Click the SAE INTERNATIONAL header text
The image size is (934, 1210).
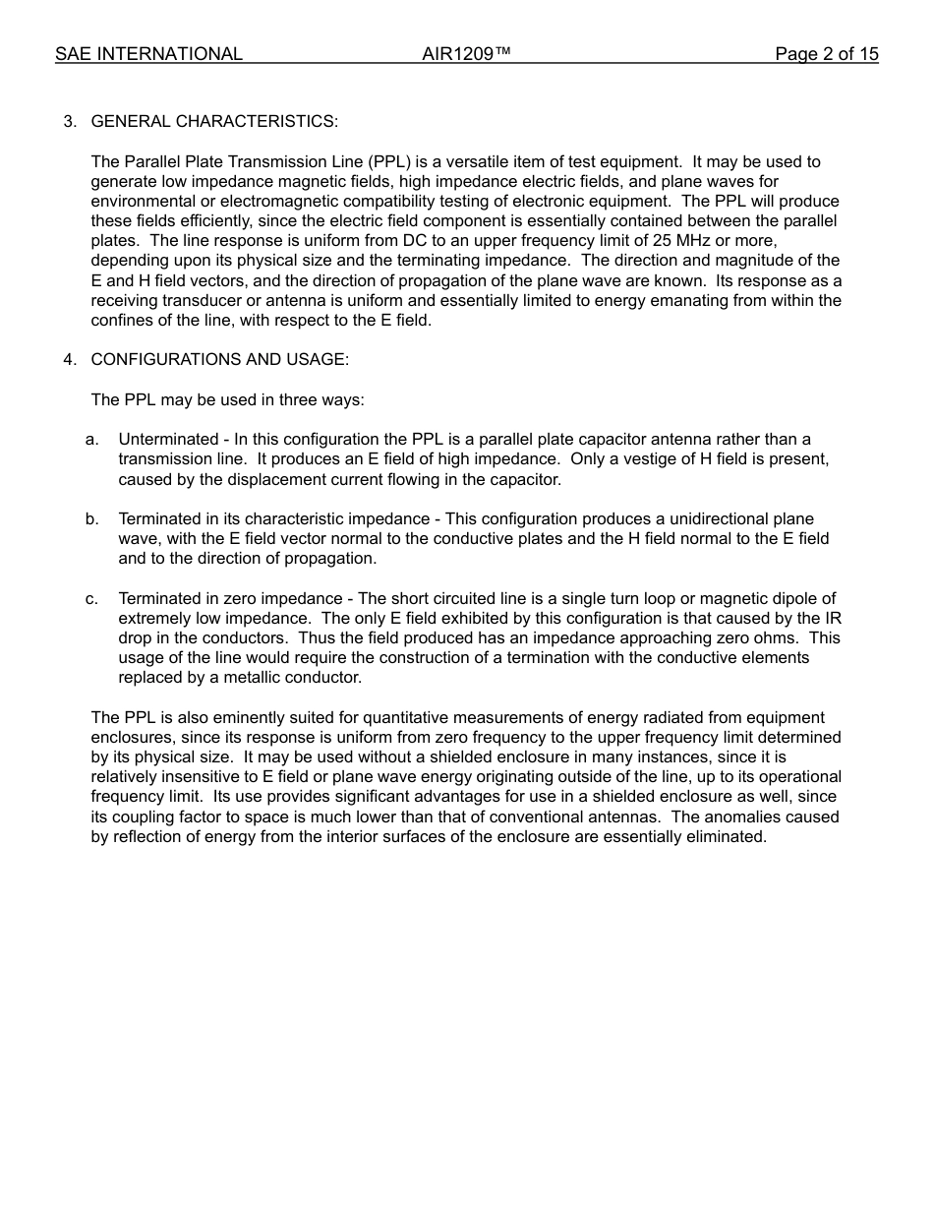(x=148, y=54)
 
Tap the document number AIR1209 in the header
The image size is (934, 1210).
(x=466, y=54)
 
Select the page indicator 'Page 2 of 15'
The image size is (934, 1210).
(x=826, y=54)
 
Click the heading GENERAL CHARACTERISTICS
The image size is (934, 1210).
(x=214, y=121)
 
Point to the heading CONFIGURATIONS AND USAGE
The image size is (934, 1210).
(x=219, y=359)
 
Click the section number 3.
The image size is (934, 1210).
(x=69, y=121)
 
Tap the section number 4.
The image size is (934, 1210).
(x=69, y=359)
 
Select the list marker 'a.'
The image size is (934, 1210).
(x=91, y=439)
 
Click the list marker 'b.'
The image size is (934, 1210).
(x=91, y=518)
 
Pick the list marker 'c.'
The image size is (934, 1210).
(x=91, y=598)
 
